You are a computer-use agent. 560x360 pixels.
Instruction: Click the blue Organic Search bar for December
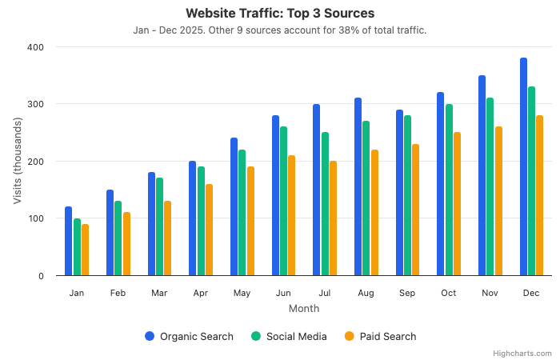pos(523,167)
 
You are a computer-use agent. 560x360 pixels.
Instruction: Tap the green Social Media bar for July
pos(325,204)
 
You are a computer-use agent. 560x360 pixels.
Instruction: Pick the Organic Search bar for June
pos(275,196)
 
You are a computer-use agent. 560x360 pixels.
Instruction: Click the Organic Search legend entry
pos(190,337)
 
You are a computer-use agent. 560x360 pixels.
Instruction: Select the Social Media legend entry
pos(289,337)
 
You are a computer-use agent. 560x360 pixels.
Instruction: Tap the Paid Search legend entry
pos(381,337)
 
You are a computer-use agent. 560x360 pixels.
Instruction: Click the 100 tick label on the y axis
pos(36,218)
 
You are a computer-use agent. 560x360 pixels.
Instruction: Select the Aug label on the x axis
pos(366,294)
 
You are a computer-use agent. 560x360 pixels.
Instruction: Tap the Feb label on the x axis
pos(118,294)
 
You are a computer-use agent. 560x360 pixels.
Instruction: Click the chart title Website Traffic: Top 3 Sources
pos(280,14)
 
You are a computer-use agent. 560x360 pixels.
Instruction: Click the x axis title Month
pos(304,309)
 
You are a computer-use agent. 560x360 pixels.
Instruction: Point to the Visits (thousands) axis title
pos(18,162)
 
